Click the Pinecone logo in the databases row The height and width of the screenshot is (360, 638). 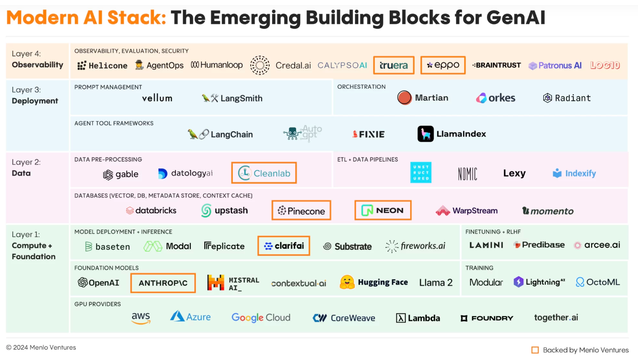(302, 211)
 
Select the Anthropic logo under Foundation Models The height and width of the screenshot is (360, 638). (163, 283)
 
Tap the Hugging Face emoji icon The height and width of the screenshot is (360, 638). (347, 282)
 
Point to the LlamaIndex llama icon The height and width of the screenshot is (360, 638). (426, 134)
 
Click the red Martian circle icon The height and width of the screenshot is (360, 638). (404, 98)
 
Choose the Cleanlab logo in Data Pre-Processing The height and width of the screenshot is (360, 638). (264, 173)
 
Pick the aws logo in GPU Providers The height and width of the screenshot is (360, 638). (141, 318)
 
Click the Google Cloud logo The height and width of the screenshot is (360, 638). (261, 318)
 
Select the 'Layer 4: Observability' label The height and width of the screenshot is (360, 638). (37, 59)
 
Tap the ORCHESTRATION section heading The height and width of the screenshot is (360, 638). (361, 87)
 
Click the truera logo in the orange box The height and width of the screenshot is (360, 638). (394, 65)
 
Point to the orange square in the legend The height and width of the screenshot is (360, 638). (535, 350)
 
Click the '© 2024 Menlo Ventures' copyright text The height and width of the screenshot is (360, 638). (41, 348)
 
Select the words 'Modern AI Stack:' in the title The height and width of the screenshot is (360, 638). (86, 18)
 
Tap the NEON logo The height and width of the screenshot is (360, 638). (383, 210)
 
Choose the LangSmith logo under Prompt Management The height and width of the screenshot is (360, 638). (232, 98)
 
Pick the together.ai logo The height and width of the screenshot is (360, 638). (556, 318)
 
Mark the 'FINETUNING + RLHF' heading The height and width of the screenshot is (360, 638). (493, 232)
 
